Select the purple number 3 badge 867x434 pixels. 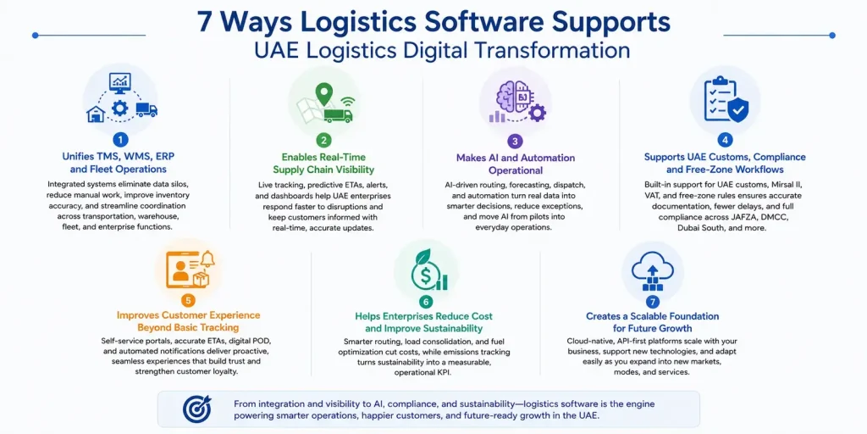tap(515, 140)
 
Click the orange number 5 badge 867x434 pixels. tap(189, 301)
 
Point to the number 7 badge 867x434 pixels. tap(653, 302)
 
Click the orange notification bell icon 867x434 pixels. tap(208, 259)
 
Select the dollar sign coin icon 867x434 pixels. tap(425, 276)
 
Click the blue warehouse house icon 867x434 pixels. tap(97, 114)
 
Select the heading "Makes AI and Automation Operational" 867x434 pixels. tap(516, 164)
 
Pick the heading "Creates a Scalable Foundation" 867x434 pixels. tap(653, 316)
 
